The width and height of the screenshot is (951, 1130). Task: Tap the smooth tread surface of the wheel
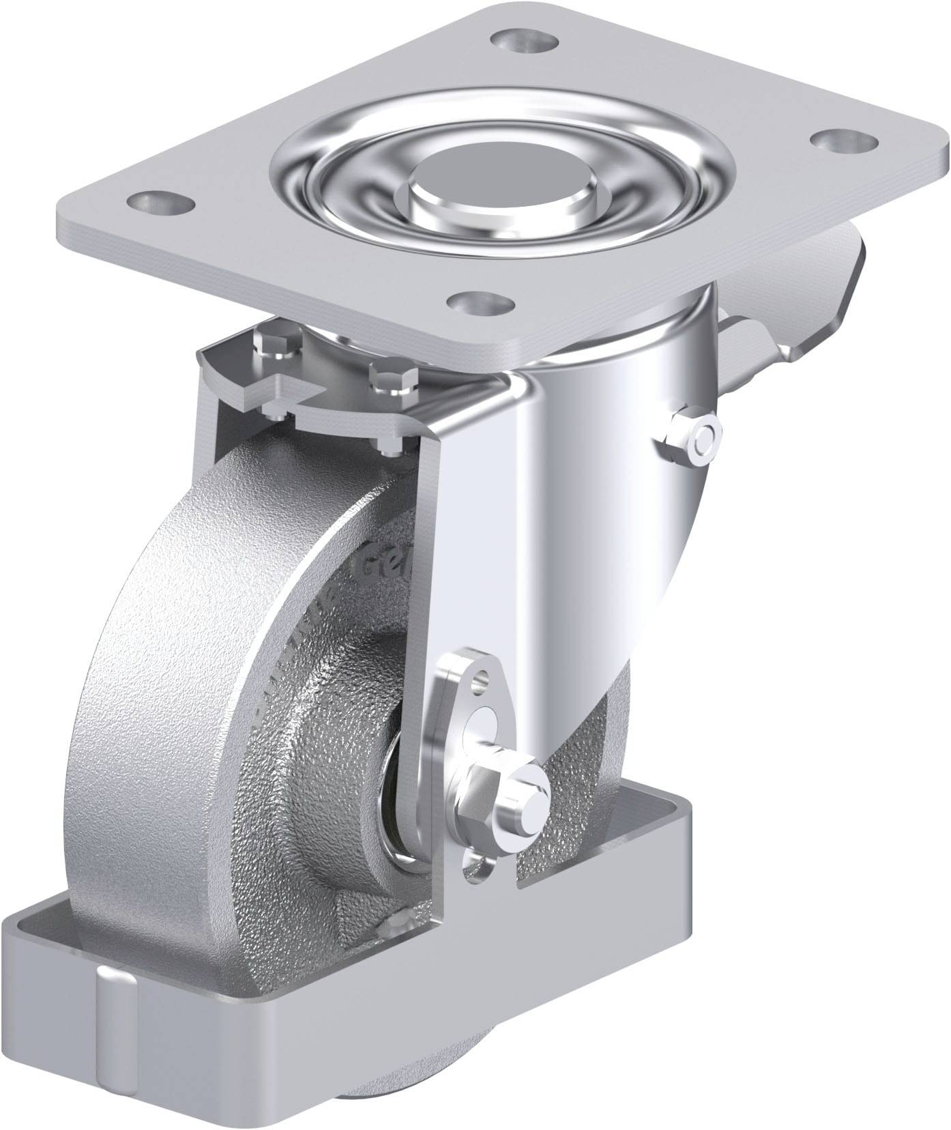coord(136,682)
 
